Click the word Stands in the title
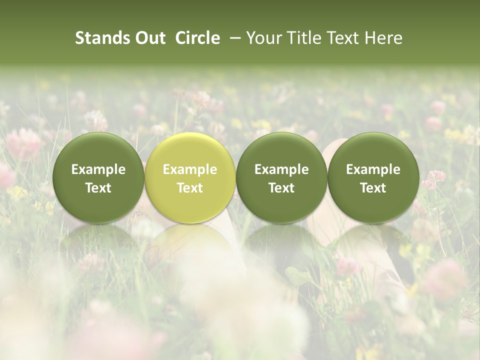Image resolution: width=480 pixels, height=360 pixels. pyautogui.click(x=100, y=38)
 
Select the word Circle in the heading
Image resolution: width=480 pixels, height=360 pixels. pyautogui.click(x=197, y=38)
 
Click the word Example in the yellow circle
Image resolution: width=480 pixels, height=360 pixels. pyautogui.click(x=190, y=169)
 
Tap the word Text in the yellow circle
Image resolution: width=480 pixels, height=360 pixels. pyautogui.click(x=190, y=188)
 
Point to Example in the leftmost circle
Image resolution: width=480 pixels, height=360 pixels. pyautogui.click(x=98, y=169)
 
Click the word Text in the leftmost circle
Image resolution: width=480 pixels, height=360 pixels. pyautogui.click(x=98, y=188)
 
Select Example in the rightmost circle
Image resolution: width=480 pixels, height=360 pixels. pyautogui.click(x=373, y=169)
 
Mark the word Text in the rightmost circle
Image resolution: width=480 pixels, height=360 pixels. pyautogui.click(x=373, y=188)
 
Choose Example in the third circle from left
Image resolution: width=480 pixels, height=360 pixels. pyautogui.click(x=281, y=169)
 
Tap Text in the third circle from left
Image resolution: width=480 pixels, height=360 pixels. pyautogui.click(x=281, y=188)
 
